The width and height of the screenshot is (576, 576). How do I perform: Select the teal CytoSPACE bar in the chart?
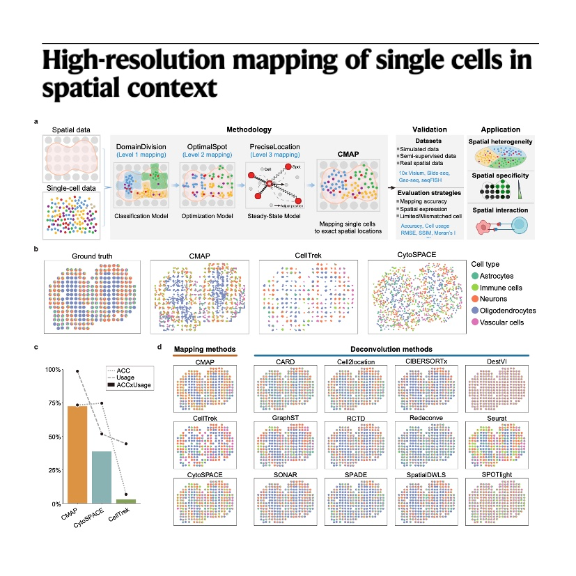pos(102,477)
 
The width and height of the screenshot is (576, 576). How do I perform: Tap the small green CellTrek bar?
pos(126,501)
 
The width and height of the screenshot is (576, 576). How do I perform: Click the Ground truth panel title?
pos(91,256)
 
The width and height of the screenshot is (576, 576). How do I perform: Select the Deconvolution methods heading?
pos(392,348)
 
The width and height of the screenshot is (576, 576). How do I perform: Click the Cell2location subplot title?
pos(357,362)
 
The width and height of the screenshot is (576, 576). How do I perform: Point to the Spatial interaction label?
pos(500,210)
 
